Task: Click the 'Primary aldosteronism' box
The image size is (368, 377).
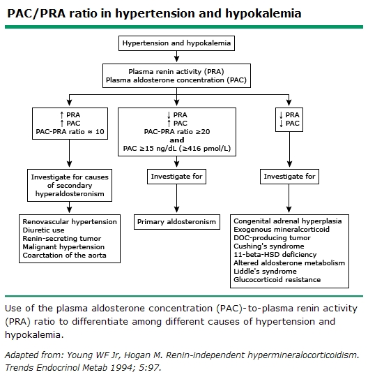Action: [x=176, y=221]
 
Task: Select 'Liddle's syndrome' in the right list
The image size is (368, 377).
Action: [x=263, y=272]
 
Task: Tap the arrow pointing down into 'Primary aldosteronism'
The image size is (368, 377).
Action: [x=176, y=200]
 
